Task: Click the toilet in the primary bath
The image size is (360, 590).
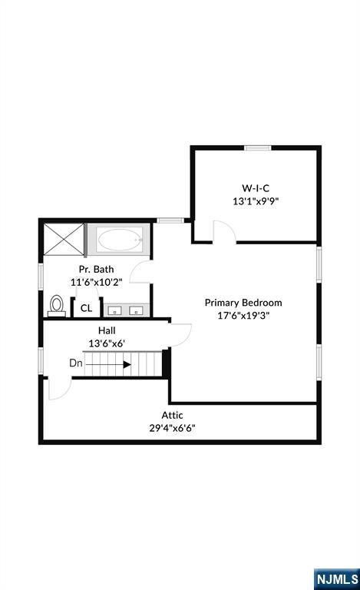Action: pyautogui.click(x=57, y=306)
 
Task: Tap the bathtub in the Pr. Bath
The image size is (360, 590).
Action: pyautogui.click(x=120, y=240)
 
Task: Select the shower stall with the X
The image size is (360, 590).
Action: pyautogui.click(x=64, y=240)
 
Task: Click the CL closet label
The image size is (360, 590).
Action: pyautogui.click(x=86, y=308)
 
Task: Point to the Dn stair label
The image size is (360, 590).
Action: pyautogui.click(x=76, y=363)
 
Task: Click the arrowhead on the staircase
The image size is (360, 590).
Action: pyautogui.click(x=127, y=364)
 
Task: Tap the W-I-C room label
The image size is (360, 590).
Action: pyautogui.click(x=256, y=188)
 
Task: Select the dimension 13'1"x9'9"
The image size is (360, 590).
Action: pyautogui.click(x=256, y=201)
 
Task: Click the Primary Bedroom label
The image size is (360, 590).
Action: pyautogui.click(x=243, y=303)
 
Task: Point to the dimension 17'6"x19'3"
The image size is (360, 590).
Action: pyautogui.click(x=243, y=315)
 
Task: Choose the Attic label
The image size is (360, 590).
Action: pyautogui.click(x=173, y=415)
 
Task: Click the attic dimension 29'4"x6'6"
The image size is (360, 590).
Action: pyautogui.click(x=173, y=428)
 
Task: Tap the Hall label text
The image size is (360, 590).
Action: pyautogui.click(x=107, y=330)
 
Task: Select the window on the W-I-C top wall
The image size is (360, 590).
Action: pyautogui.click(x=258, y=147)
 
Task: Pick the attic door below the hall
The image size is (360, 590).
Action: pyautogui.click(x=60, y=388)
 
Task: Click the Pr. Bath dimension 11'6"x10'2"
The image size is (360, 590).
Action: pyautogui.click(x=97, y=282)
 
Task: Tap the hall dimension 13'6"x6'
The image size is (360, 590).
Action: pyautogui.click(x=107, y=343)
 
